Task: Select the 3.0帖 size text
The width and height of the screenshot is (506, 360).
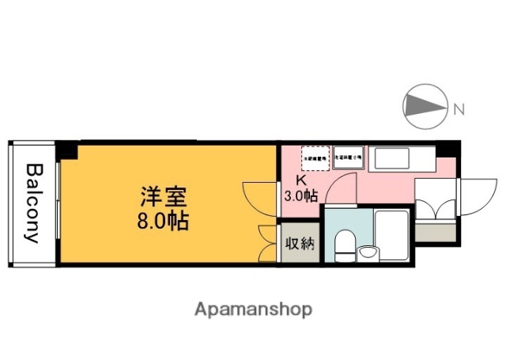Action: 300,196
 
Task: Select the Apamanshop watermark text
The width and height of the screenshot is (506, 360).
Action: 253,308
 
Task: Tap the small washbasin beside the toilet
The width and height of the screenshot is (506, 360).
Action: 368,252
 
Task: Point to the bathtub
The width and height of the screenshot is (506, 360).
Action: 392,236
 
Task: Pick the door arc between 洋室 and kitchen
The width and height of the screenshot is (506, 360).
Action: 258,196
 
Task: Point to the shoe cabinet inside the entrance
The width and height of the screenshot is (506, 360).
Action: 436,233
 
